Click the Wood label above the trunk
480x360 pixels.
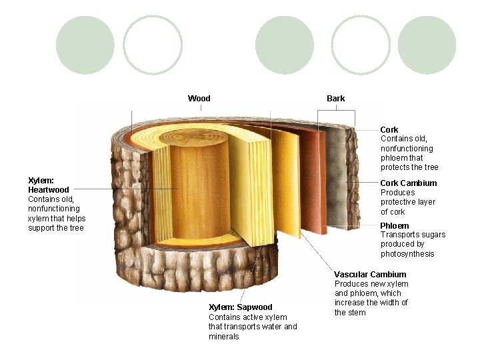pos(199,99)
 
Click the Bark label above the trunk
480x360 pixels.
pos(335,99)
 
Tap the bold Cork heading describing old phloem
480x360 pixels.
pos(389,129)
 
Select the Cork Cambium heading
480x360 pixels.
pos(409,183)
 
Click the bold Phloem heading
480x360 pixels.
pos(395,226)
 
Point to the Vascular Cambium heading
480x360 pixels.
pos(370,275)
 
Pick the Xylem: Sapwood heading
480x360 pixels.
pos(241,307)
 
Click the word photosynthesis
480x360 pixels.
pos(407,254)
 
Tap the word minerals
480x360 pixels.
pos(224,337)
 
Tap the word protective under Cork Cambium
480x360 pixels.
pos(398,202)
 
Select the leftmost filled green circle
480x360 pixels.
pos(85,45)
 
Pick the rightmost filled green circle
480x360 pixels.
pos(427,45)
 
